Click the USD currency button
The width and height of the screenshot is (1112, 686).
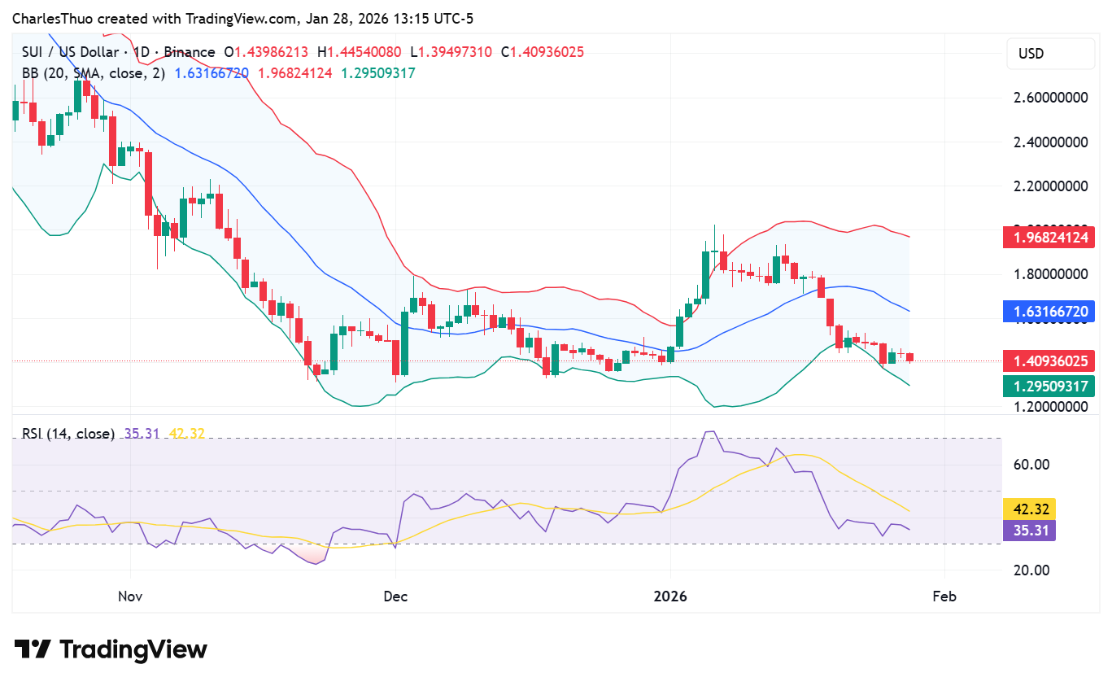[x=1049, y=54]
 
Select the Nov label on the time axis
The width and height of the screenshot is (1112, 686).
[x=130, y=596]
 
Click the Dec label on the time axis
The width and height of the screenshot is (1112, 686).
[x=395, y=596]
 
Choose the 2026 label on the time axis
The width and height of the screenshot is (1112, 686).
[x=670, y=596]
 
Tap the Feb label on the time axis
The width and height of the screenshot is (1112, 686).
[x=944, y=596]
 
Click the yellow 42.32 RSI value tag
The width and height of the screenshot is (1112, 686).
[x=1031, y=509]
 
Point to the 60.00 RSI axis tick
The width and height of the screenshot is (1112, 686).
[x=1029, y=465]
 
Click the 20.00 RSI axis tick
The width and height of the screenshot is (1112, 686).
[x=1029, y=570]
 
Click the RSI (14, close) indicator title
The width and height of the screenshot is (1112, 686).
[x=68, y=434]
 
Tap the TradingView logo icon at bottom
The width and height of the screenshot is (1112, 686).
[x=33, y=649]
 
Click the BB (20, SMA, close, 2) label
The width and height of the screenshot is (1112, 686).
[x=94, y=73]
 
